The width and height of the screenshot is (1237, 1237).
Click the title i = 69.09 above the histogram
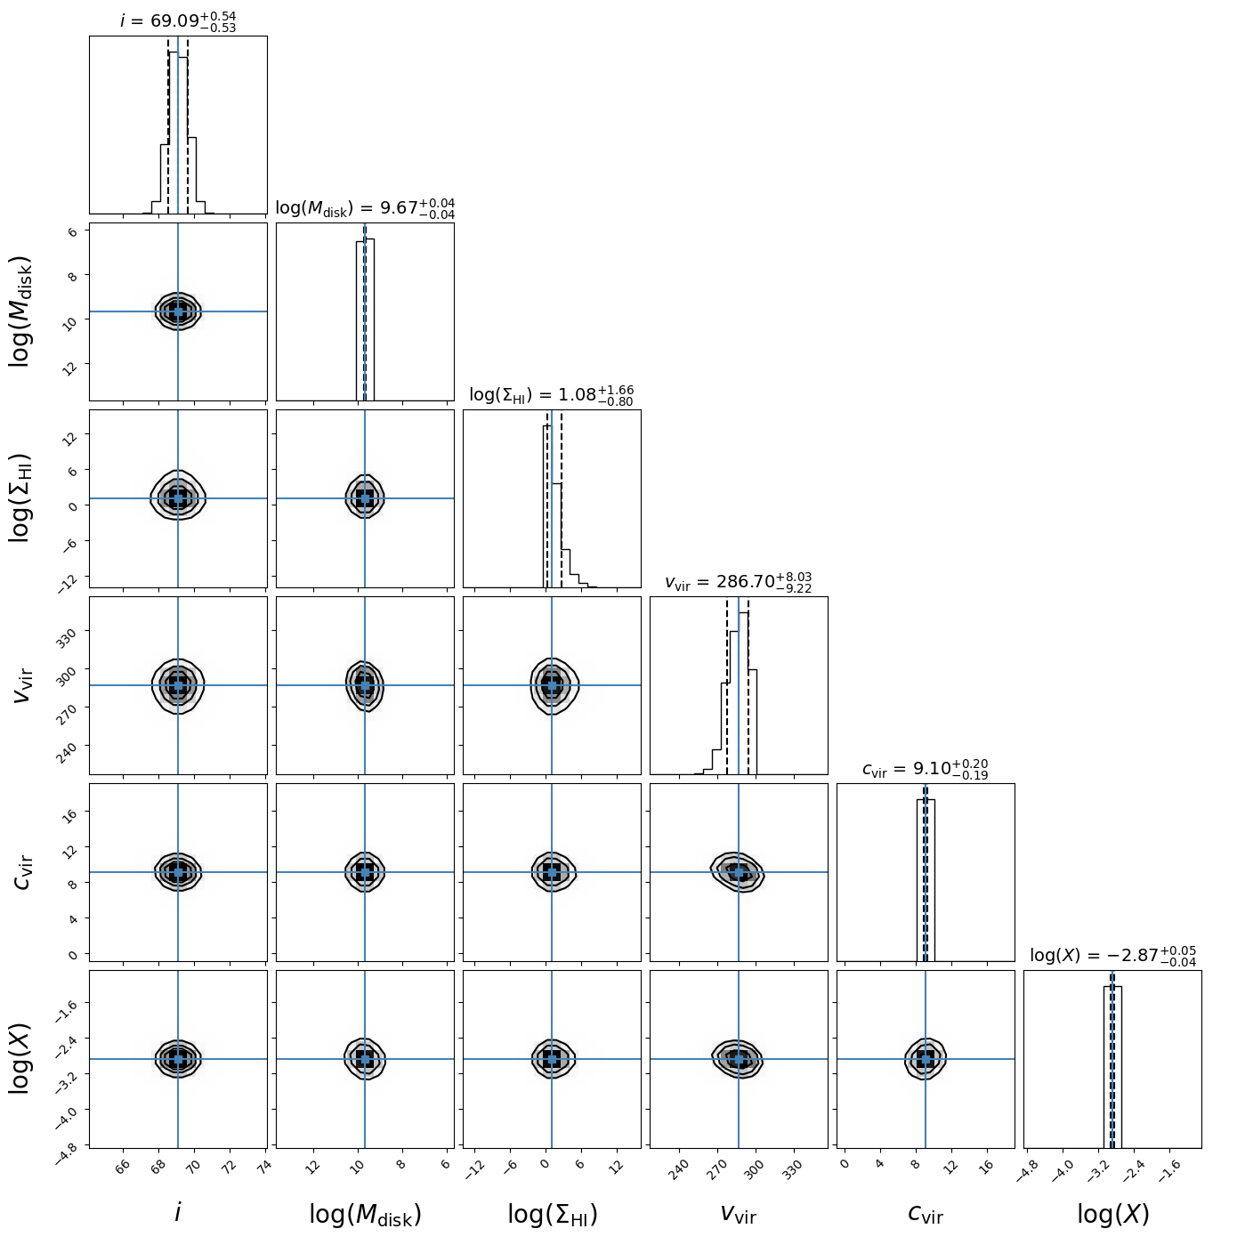tap(178, 20)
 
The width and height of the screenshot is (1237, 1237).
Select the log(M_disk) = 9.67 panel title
tap(365, 208)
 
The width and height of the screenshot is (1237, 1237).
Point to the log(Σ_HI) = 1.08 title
tap(552, 395)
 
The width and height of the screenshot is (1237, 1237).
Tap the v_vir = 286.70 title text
tap(739, 582)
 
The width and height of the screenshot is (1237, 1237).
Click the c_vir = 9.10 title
tap(926, 769)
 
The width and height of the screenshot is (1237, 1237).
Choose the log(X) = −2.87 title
tap(1112, 956)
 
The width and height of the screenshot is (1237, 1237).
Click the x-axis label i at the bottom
tap(178, 1213)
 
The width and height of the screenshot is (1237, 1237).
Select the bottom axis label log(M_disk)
tap(365, 1214)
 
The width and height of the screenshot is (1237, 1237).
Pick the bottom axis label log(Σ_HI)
tap(552, 1214)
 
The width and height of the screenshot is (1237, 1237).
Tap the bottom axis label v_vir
tap(739, 1213)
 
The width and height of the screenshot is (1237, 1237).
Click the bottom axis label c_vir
tap(926, 1213)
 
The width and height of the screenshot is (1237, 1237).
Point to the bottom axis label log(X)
tap(1112, 1214)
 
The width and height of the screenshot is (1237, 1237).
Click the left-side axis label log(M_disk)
tap(21, 311)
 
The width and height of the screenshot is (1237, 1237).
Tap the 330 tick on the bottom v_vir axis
tap(789, 1168)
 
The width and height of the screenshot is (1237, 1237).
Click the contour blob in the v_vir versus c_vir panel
tap(737, 871)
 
